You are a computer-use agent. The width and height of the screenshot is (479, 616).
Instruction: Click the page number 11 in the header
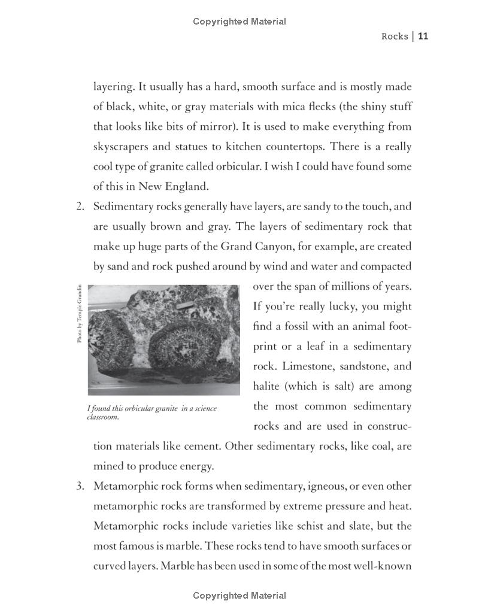pos(423,37)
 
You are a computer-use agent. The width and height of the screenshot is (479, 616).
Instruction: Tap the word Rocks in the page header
pos(395,37)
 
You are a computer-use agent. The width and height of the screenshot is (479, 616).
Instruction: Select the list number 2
pos(80,207)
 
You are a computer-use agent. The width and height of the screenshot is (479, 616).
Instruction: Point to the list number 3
pos(80,486)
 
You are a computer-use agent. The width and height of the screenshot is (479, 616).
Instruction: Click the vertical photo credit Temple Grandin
pos(79,314)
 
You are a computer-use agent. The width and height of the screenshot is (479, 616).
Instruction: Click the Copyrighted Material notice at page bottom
pos(239,596)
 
